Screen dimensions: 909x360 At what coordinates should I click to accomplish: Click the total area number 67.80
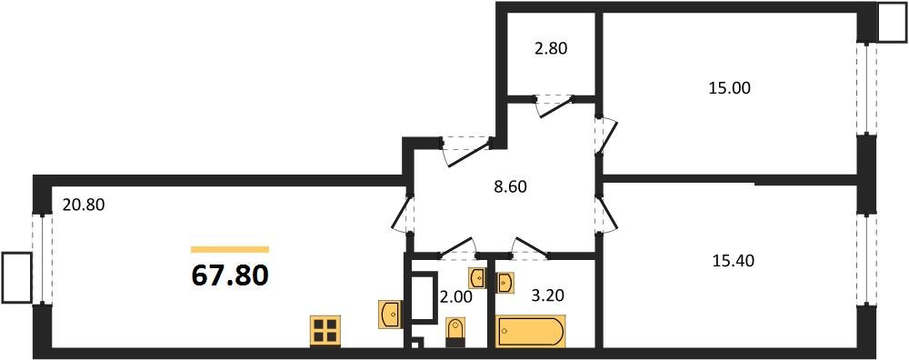230,275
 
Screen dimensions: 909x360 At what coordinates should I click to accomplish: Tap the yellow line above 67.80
230,250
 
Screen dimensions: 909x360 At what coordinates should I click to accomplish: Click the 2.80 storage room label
550,48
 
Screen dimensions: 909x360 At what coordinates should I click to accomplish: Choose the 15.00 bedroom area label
729,88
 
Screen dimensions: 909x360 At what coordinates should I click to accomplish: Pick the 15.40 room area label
733,262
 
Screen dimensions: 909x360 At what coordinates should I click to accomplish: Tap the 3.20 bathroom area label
547,295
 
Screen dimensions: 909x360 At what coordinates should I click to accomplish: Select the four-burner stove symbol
325,331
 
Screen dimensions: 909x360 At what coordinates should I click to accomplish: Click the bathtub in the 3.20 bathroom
531,332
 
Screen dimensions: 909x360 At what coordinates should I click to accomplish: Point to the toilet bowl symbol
455,333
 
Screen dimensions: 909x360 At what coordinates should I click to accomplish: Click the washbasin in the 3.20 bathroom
505,283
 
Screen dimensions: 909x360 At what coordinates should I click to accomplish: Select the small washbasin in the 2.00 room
477,277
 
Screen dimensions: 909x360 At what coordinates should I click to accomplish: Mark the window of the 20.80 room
43,258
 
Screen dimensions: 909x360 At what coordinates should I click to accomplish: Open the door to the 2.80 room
554,105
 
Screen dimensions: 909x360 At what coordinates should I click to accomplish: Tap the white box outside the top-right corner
893,22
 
